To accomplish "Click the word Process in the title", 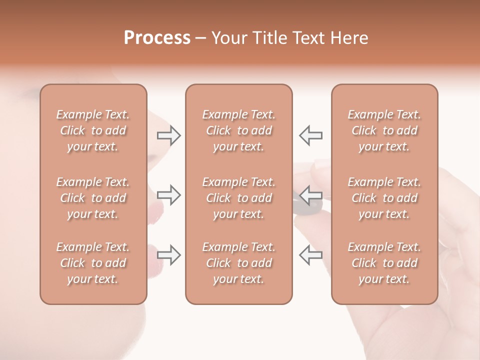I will click(157, 38).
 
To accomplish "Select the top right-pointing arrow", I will click(168, 135).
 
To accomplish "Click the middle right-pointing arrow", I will click(168, 195).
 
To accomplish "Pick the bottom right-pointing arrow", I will click(168, 254).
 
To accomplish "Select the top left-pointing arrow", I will click(311, 135).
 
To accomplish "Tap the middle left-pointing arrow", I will click(311, 195).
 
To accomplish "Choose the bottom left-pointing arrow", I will click(311, 254).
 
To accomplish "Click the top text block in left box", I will click(93, 130).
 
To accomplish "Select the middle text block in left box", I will click(93, 198).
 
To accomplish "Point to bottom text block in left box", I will click(93, 263).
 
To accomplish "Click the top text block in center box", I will click(239, 130).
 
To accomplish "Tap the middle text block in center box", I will click(239, 198).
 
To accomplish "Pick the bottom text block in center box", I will click(239, 263).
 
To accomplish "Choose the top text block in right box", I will click(384, 130).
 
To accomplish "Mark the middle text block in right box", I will click(384, 198).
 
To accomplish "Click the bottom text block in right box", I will click(384, 263).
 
